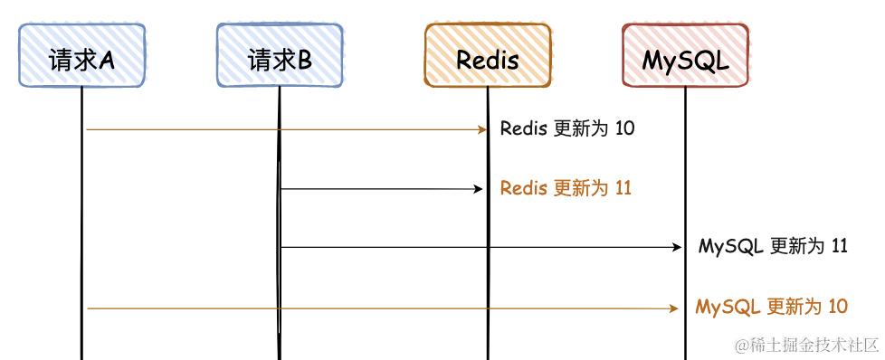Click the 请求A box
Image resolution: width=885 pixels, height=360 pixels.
click(81, 56)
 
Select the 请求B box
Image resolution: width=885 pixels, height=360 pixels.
click(279, 56)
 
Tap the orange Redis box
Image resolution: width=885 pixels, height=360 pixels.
click(487, 56)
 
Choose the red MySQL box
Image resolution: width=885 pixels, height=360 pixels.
click(685, 56)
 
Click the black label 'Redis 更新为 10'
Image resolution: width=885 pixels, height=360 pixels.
click(567, 128)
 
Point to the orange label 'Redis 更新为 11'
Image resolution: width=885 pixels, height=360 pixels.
click(566, 188)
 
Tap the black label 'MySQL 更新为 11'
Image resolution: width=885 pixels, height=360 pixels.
click(773, 246)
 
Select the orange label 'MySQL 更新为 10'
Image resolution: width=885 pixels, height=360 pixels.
click(772, 307)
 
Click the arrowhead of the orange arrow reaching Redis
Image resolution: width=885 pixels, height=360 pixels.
click(483, 129)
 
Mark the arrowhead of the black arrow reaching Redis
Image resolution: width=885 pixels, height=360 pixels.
click(480, 189)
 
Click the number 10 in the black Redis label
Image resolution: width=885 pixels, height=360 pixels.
click(624, 128)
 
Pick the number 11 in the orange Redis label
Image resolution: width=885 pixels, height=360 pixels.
click(623, 188)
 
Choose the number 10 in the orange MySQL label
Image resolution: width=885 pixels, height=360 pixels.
click(837, 307)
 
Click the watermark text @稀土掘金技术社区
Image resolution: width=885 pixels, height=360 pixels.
click(806, 345)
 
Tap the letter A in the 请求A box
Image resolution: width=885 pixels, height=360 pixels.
click(107, 60)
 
